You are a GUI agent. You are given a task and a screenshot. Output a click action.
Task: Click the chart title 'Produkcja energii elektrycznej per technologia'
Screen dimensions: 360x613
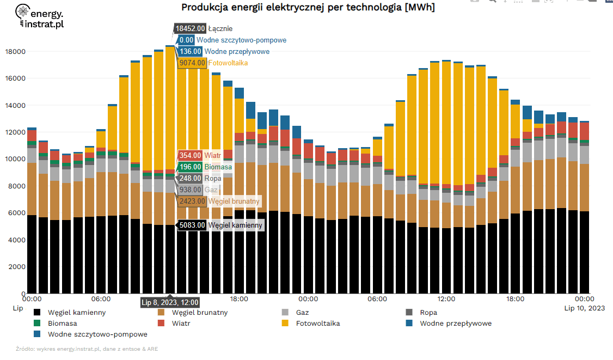click(x=308, y=8)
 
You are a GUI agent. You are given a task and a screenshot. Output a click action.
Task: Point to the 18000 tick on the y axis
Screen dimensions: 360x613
click(x=15, y=52)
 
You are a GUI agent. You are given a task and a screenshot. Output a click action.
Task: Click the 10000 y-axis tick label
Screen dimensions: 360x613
click(x=15, y=159)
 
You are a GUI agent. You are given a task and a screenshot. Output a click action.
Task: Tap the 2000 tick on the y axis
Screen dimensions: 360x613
click(x=17, y=267)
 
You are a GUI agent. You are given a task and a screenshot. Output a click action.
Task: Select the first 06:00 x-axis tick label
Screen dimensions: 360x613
click(x=101, y=299)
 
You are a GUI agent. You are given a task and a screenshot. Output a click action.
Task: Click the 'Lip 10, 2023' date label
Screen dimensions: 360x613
click(x=584, y=308)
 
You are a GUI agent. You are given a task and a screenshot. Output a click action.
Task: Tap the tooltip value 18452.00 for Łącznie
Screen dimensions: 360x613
click(x=190, y=28)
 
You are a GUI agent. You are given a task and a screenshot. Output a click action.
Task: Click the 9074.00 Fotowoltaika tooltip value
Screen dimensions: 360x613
click(x=192, y=63)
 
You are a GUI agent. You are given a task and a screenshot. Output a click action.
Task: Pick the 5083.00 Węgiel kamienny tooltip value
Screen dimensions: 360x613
click(x=192, y=225)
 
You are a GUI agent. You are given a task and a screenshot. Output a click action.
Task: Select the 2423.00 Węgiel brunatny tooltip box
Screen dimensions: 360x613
click(x=192, y=201)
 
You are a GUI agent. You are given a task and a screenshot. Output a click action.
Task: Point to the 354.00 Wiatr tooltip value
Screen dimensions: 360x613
click(x=190, y=156)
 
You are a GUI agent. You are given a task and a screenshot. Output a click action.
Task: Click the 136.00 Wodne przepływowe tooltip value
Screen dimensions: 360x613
click(x=190, y=52)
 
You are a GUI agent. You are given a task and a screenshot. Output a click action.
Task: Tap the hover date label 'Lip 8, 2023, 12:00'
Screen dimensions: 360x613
click(x=170, y=303)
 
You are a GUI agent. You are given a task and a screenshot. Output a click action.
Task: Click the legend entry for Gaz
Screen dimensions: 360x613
click(x=302, y=313)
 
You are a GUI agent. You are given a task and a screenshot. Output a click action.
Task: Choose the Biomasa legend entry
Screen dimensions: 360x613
click(x=62, y=323)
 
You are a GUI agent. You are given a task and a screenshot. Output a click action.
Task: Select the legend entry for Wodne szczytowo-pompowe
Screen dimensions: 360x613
click(x=97, y=334)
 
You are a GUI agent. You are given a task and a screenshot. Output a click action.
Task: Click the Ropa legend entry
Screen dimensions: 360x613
click(x=428, y=313)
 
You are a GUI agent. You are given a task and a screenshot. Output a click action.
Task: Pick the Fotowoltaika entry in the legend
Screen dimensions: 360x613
click(x=317, y=323)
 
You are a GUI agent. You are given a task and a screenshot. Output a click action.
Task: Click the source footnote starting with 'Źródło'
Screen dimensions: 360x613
click(x=87, y=349)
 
